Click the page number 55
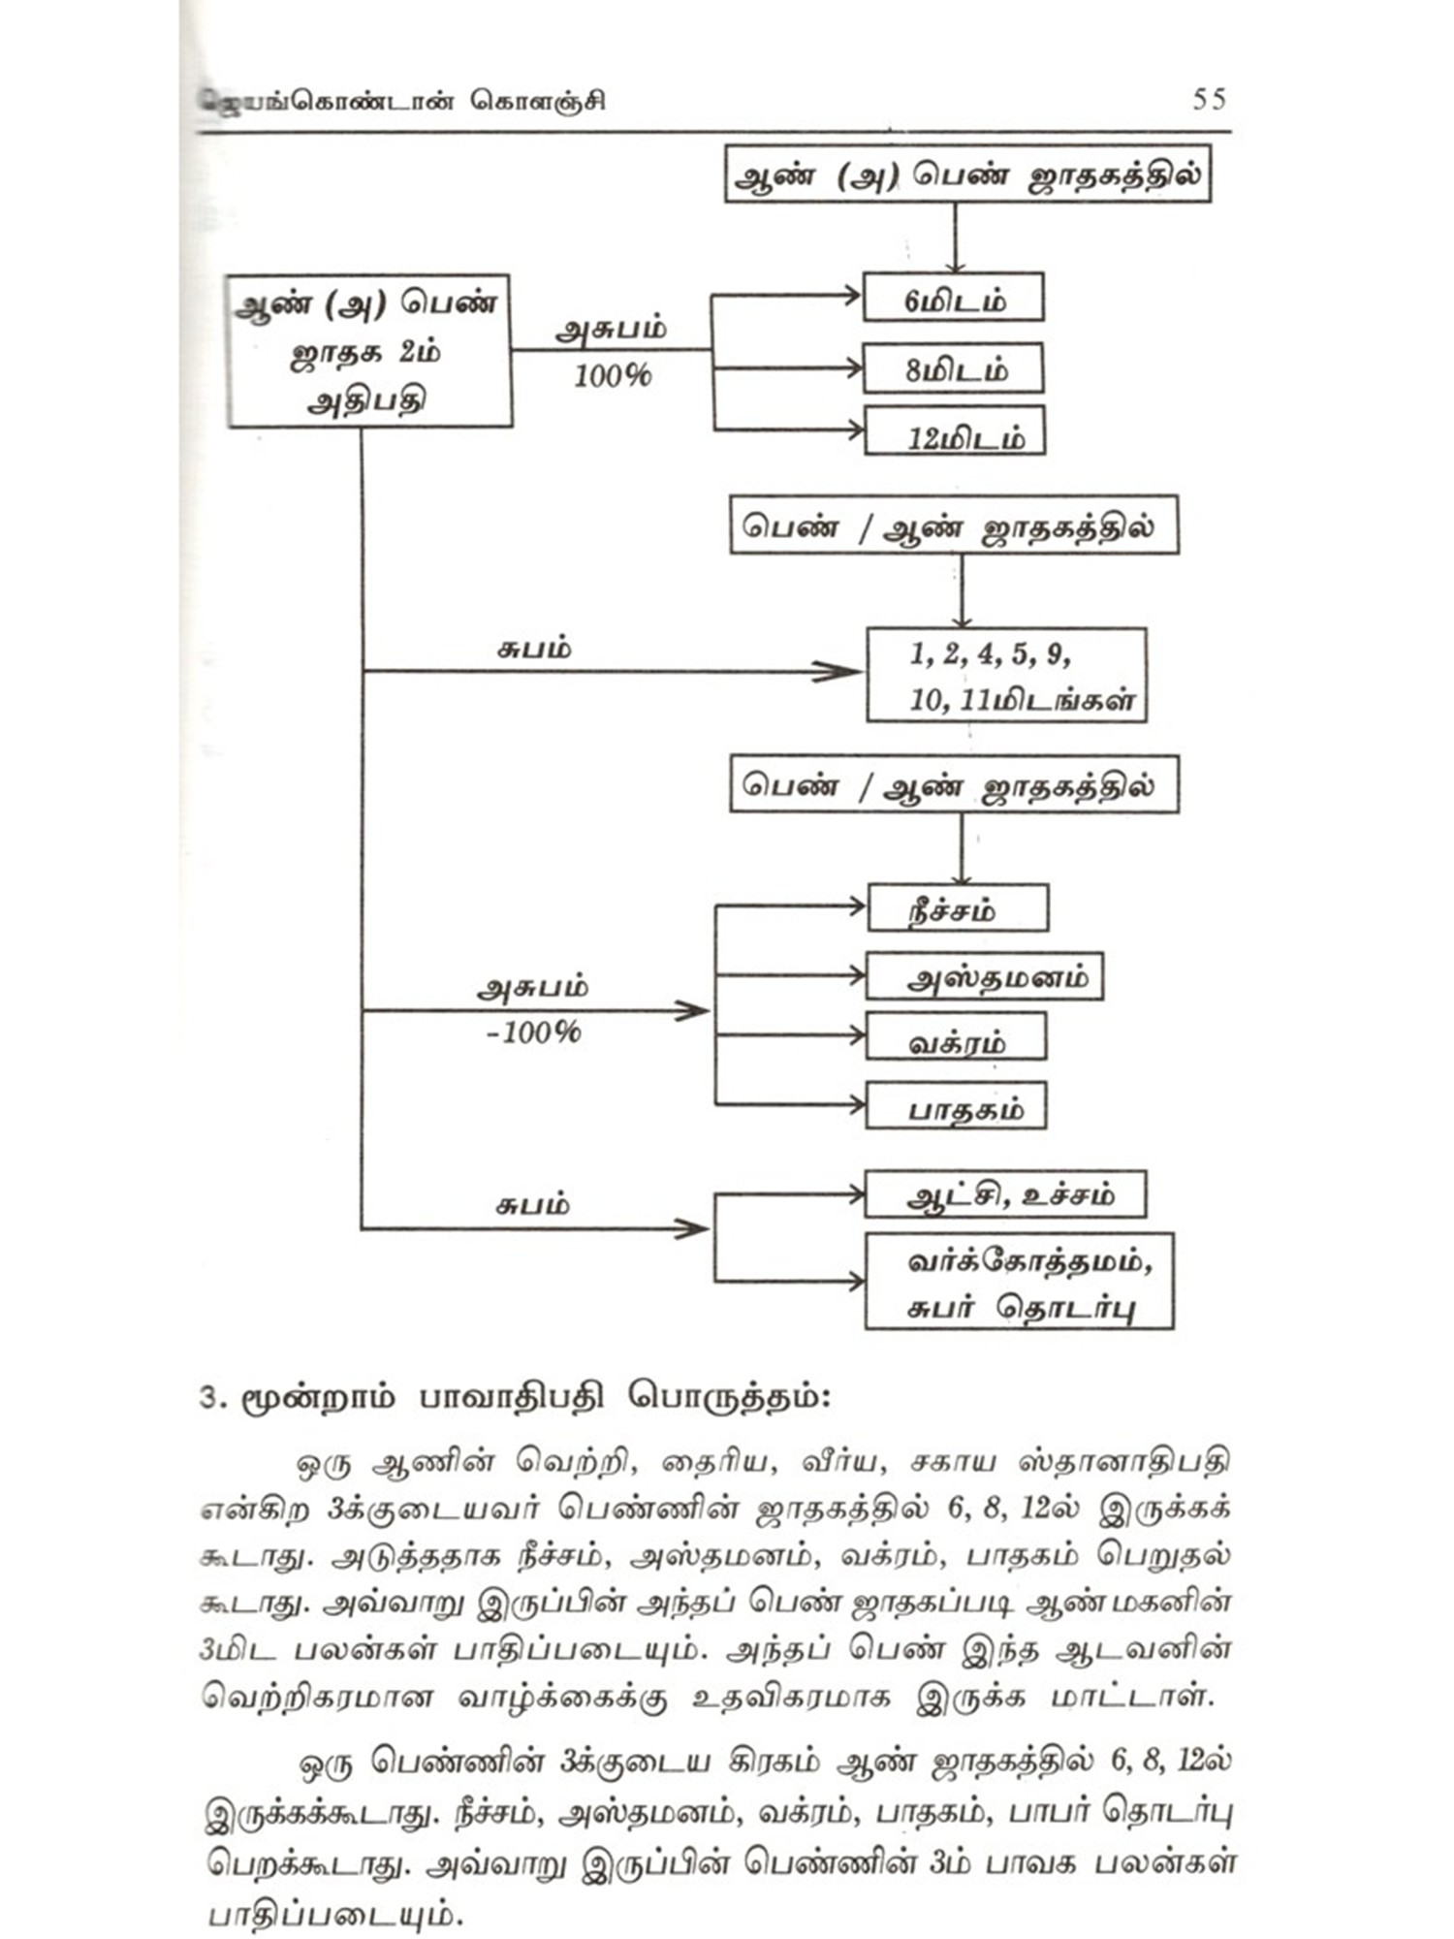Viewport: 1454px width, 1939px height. [x=1210, y=99]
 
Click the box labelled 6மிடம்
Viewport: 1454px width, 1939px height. [x=953, y=298]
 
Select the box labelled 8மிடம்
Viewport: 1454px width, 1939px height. [x=953, y=368]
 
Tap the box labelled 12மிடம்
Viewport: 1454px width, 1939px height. [x=955, y=432]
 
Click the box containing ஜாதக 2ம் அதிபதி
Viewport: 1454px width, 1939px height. [x=369, y=351]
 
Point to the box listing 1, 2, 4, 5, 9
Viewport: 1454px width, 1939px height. [x=1006, y=676]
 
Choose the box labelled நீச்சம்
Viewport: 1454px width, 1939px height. [x=957, y=908]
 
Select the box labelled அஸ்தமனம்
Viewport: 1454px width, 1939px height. [x=984, y=977]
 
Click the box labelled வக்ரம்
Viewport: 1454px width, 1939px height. [x=956, y=1038]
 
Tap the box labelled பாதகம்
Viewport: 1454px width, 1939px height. [x=956, y=1107]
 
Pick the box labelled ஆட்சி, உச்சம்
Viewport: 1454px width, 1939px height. [x=1005, y=1195]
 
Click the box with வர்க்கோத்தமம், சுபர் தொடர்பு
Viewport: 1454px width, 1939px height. [x=1019, y=1282]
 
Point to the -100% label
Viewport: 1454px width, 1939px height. [x=533, y=1032]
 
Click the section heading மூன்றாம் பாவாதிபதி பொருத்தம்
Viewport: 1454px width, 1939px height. [x=515, y=1398]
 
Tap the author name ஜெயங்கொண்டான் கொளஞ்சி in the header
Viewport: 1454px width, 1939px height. [x=402, y=101]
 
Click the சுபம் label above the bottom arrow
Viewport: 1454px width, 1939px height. [x=532, y=1205]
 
